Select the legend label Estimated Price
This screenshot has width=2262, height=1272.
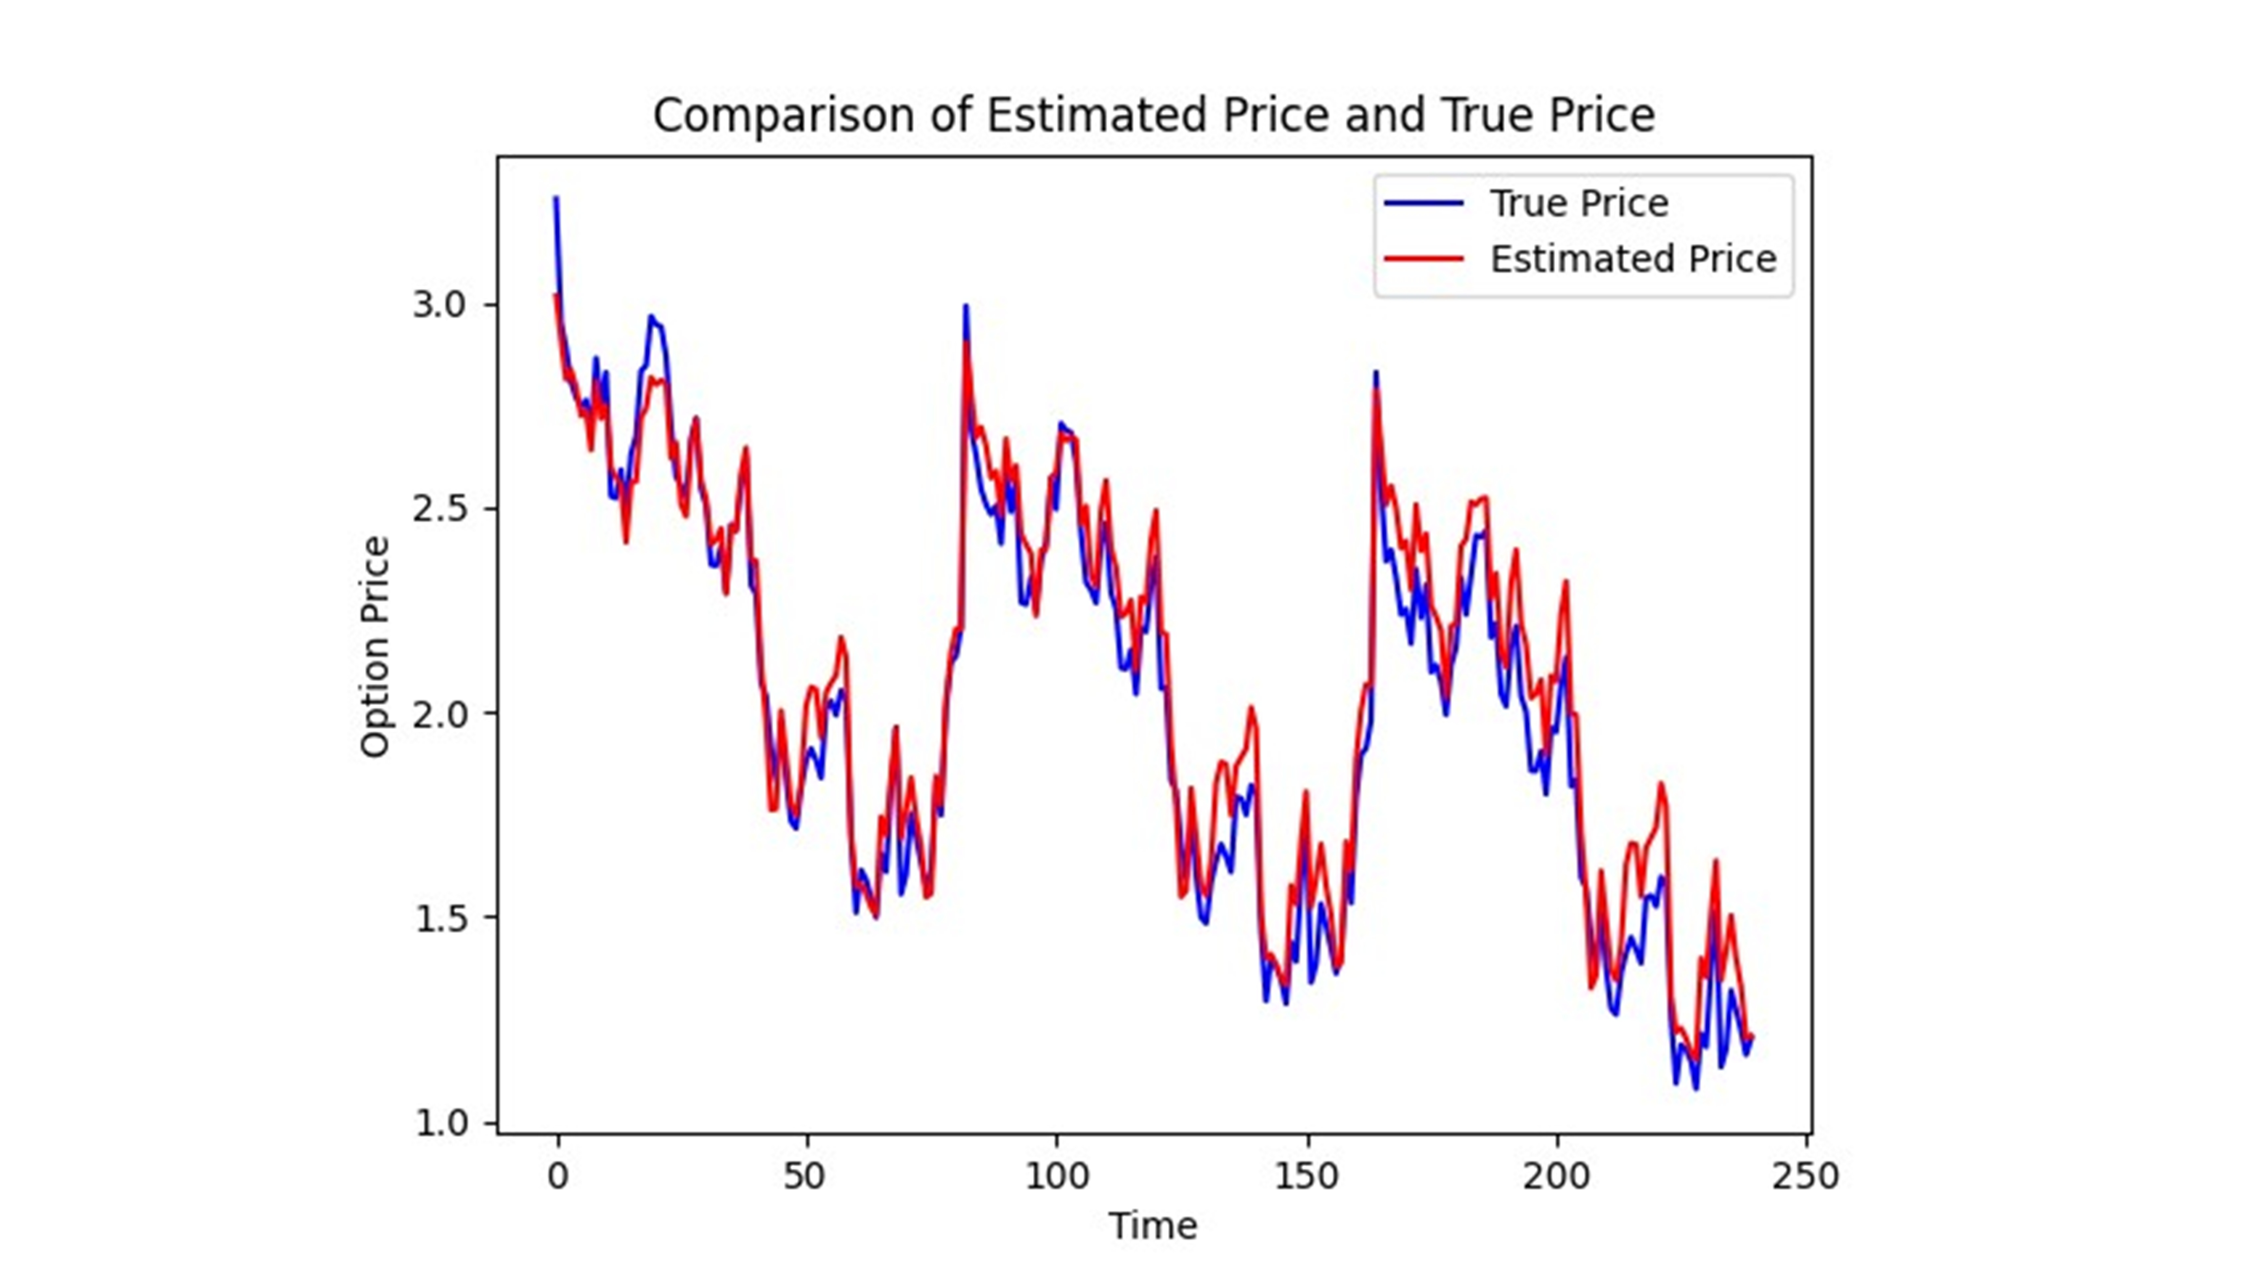[1632, 259]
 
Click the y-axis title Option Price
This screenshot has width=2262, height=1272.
[375, 647]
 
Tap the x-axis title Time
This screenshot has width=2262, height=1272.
[1152, 1225]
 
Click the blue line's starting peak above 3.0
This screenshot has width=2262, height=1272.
[555, 199]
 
